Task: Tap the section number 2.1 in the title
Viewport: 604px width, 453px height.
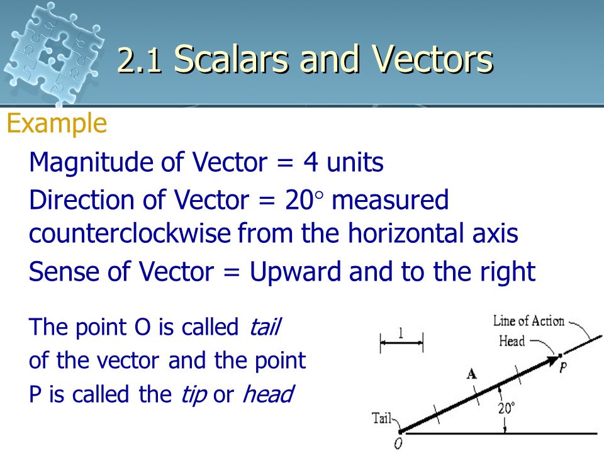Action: [x=142, y=62]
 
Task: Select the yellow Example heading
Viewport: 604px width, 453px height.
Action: [x=56, y=124]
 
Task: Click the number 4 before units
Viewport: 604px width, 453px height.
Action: [x=310, y=163]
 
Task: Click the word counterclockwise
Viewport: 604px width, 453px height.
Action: [x=130, y=234]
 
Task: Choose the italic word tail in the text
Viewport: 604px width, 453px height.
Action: [x=266, y=328]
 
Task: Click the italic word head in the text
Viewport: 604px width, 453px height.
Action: [x=268, y=395]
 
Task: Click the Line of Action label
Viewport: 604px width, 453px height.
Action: [x=529, y=322]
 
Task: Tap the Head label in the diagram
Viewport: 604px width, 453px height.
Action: [x=512, y=342]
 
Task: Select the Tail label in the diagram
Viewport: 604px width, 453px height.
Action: [x=383, y=418]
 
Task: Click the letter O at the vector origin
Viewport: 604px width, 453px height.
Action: [x=398, y=443]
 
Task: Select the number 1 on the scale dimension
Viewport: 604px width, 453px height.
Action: [x=401, y=334]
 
